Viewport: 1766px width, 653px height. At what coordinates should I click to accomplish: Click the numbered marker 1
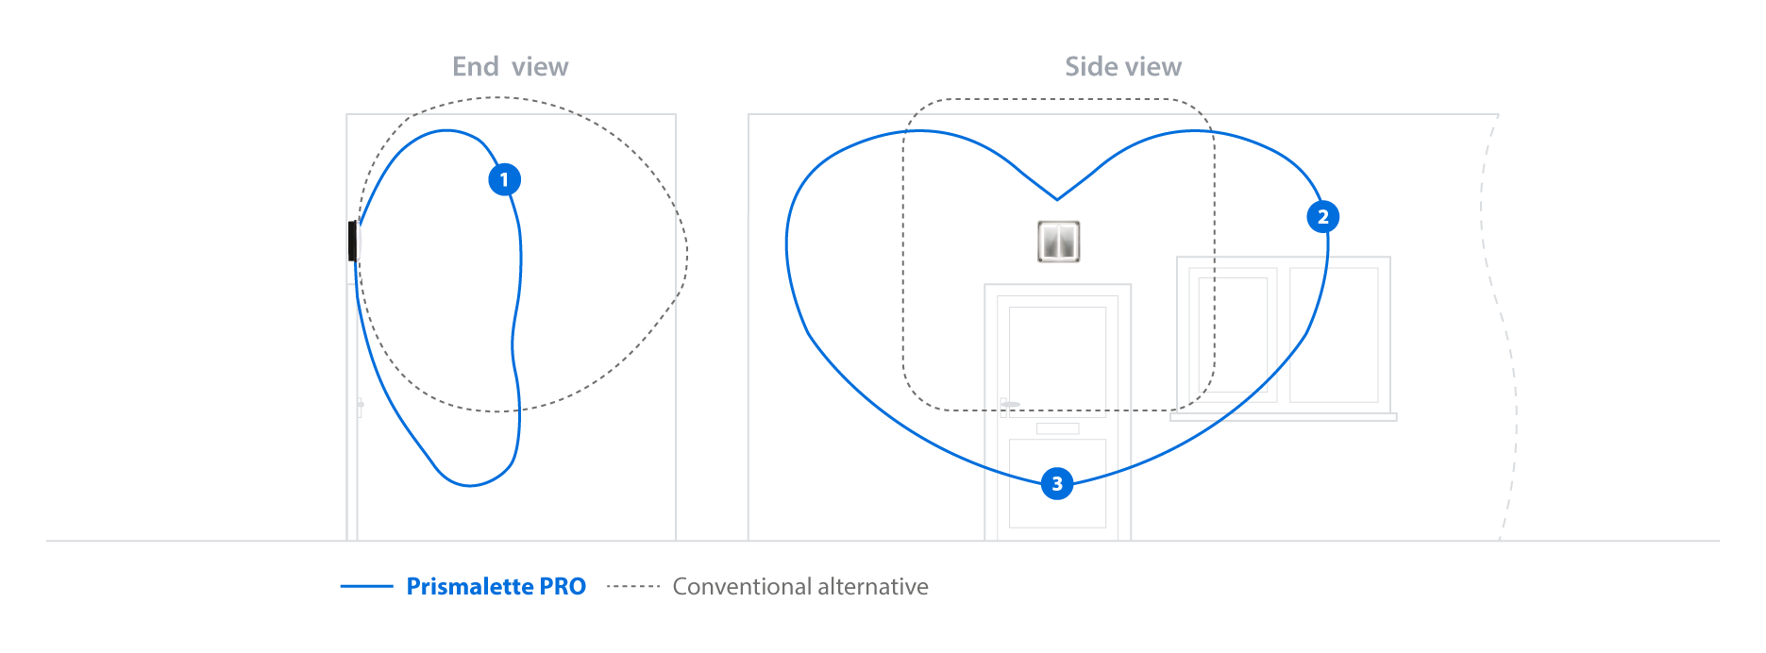click(x=504, y=179)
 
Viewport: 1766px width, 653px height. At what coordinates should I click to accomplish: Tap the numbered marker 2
click(x=1322, y=217)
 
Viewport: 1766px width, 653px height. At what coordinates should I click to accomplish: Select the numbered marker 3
click(x=1057, y=483)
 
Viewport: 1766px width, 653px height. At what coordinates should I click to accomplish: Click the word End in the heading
click(x=476, y=67)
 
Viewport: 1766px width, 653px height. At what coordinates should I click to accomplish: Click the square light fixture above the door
click(x=1058, y=242)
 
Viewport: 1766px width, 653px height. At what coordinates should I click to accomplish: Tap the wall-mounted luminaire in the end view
click(x=355, y=241)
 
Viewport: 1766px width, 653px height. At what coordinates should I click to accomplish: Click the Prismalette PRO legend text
click(x=496, y=586)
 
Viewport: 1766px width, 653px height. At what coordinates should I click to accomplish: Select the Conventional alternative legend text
click(x=799, y=586)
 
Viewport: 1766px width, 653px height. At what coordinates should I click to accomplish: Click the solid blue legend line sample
click(x=366, y=586)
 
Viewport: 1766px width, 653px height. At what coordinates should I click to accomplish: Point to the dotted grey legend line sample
click(x=632, y=586)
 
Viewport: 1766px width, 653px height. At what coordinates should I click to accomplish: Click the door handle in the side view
click(x=1008, y=404)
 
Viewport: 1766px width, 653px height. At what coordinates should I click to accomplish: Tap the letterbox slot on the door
click(x=1057, y=428)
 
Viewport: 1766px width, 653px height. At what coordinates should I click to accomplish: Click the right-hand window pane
click(x=1334, y=335)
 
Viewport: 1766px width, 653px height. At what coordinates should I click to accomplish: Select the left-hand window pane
click(x=1233, y=335)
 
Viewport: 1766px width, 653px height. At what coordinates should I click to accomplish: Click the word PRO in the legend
click(x=563, y=586)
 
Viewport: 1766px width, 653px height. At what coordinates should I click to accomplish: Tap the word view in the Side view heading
click(x=1152, y=67)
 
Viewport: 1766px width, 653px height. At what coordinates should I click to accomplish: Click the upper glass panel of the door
click(x=1057, y=349)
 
